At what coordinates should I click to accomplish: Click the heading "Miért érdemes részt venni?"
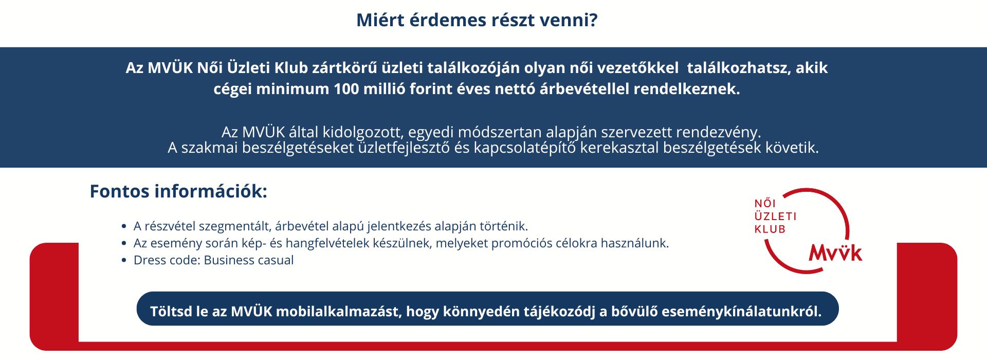(477, 21)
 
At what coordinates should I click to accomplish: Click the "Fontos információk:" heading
(178, 191)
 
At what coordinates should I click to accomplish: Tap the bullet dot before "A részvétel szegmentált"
(124, 226)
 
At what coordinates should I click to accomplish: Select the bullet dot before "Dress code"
(124, 260)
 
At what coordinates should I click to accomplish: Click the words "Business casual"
(249, 260)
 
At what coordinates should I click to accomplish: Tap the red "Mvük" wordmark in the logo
(835, 252)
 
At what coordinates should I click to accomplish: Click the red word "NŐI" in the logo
(765, 203)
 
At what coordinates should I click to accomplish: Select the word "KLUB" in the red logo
(770, 229)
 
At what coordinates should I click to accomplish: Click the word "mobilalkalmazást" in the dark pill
(339, 312)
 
